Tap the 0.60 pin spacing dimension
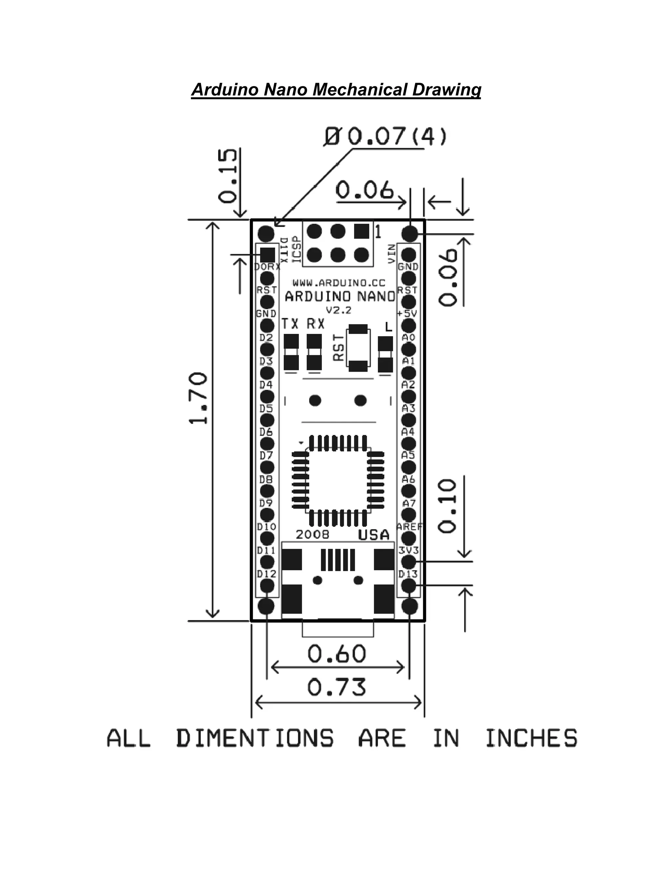click(x=337, y=654)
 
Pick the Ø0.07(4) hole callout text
click(x=385, y=137)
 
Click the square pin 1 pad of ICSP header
click(x=362, y=231)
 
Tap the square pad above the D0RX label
click(x=267, y=254)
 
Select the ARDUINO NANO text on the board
click(x=340, y=296)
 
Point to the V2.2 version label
click(x=339, y=310)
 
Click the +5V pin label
click(x=407, y=314)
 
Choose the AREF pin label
click(x=409, y=527)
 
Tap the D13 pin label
click(x=408, y=574)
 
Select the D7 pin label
click(x=266, y=455)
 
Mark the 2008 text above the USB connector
click(x=312, y=534)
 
